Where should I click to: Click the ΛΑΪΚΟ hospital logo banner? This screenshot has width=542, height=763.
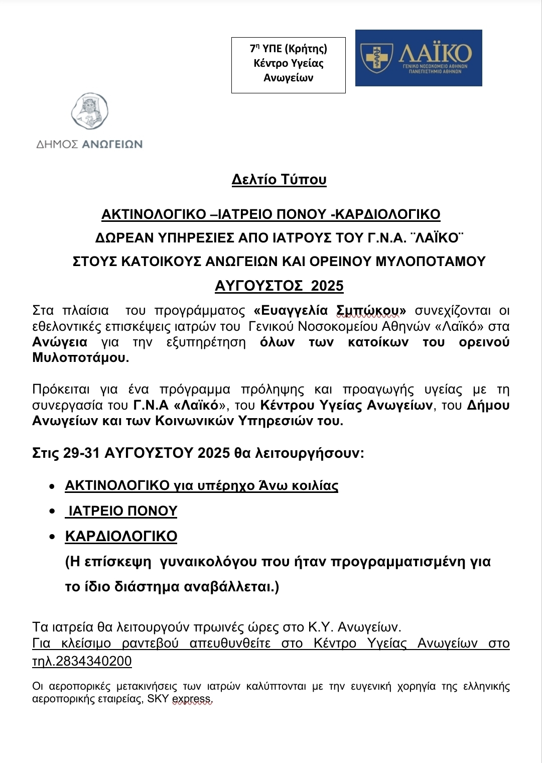pos(419,58)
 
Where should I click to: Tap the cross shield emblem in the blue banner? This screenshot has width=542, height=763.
pos(377,58)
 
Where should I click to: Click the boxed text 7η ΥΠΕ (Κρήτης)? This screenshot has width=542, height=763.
pos(289,49)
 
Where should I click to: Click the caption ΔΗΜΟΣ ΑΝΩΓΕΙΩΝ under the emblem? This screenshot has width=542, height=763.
pos(89,145)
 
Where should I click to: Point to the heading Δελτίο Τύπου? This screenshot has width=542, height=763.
pos(279,180)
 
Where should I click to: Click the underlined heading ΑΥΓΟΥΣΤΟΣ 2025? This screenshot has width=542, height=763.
pos(279,286)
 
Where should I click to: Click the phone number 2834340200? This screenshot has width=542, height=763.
pos(94,661)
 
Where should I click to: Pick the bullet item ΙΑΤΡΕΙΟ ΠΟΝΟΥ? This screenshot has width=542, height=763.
pos(122,511)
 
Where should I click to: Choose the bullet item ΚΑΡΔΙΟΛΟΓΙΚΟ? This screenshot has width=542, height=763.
pos(121,537)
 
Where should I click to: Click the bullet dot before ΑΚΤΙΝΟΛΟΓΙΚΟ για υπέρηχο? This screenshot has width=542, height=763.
pos(52,486)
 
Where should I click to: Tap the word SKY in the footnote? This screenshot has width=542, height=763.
pos(158,699)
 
